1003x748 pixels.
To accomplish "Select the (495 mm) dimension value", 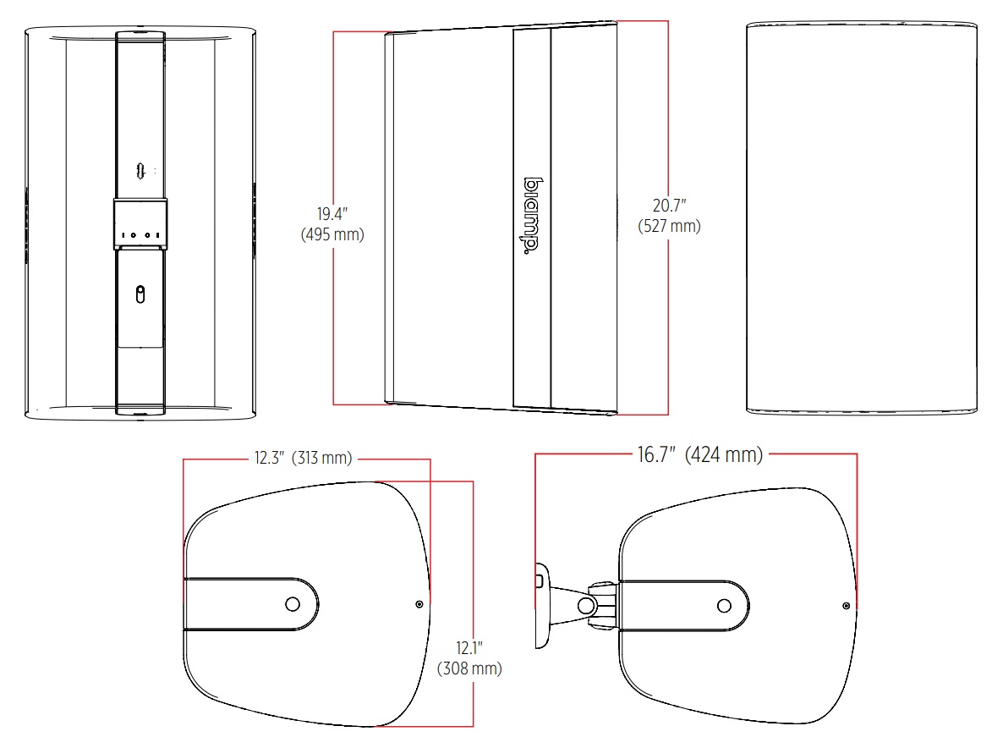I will coord(332,235).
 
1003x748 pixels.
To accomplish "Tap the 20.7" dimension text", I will coord(669,206).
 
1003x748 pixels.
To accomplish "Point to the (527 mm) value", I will coord(669,226).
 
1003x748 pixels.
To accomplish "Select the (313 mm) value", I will coord(322,459).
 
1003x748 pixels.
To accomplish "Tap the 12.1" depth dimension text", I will coord(469,648).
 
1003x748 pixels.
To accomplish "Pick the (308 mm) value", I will coord(469,668).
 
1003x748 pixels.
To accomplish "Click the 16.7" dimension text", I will coord(656,455).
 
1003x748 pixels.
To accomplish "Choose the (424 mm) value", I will coord(724,455).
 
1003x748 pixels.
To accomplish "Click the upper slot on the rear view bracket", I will coord(140,170).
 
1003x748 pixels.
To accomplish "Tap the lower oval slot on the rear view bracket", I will coord(140,294).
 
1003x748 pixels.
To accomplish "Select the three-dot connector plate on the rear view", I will coord(140,234).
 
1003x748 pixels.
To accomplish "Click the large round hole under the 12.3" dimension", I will coord(293,605).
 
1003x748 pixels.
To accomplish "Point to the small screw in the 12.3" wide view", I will coord(419,604).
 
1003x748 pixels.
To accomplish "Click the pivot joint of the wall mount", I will coord(585,605).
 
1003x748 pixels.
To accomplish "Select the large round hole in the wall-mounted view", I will coord(724,605).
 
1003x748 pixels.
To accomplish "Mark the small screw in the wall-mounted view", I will coord(847,605).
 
